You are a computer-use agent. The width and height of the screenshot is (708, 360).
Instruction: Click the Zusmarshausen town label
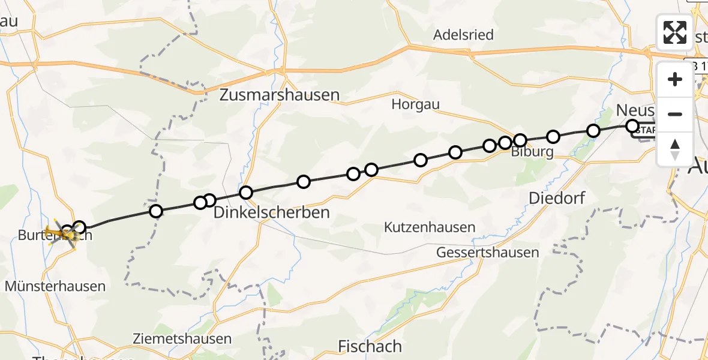click(x=280, y=95)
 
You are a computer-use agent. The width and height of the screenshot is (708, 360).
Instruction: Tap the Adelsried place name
click(x=463, y=35)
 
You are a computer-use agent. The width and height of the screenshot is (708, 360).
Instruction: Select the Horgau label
click(x=415, y=104)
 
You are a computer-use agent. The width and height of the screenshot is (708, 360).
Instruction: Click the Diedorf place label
click(x=557, y=198)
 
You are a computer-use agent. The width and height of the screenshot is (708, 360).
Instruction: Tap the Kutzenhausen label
click(x=430, y=228)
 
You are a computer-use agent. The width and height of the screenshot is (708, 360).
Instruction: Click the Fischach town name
click(x=370, y=346)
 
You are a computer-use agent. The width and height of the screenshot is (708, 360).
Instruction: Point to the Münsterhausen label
click(x=55, y=286)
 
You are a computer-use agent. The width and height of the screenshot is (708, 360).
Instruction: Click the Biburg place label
click(x=532, y=152)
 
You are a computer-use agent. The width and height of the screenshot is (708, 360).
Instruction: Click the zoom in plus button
click(x=675, y=80)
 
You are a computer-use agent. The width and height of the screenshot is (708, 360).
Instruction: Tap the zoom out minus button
click(x=675, y=114)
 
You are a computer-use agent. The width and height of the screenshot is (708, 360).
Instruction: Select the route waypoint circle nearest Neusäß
click(x=632, y=126)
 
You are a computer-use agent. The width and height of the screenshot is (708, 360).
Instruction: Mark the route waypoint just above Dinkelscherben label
click(x=246, y=193)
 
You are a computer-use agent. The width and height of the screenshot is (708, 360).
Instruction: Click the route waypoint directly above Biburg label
click(x=520, y=140)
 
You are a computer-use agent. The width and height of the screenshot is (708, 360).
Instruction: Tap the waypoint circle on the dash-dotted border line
click(x=156, y=211)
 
